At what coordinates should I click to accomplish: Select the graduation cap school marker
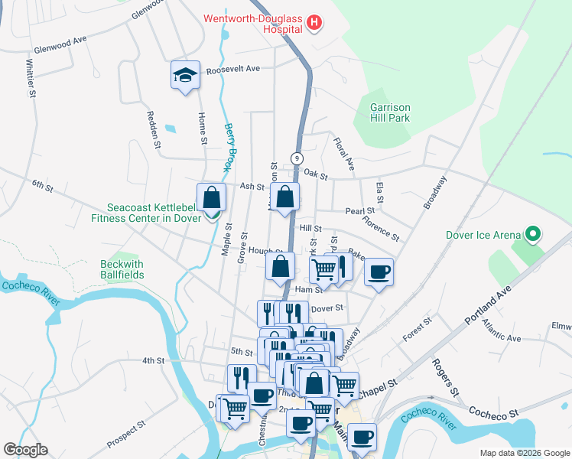pyautogui.click(x=185, y=75)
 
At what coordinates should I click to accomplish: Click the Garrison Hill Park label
pyautogui.click(x=390, y=112)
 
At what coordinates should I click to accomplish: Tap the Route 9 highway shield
pyautogui.click(x=294, y=159)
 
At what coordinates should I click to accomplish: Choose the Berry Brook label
pyautogui.click(x=229, y=148)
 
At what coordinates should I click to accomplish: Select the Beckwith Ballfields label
pyautogui.click(x=122, y=270)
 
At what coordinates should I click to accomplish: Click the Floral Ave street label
pyautogui.click(x=343, y=153)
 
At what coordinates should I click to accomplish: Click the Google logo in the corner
pyautogui.click(x=25, y=450)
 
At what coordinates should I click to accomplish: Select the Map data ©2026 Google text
pyautogui.click(x=524, y=453)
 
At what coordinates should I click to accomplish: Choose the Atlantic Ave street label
pyautogui.click(x=501, y=331)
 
